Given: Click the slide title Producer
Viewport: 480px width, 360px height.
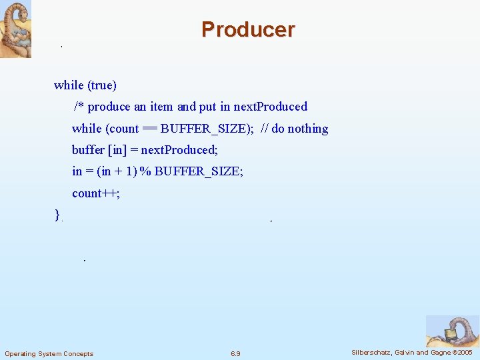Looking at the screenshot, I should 247,29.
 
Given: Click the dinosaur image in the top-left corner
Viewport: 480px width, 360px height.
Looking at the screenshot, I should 15,29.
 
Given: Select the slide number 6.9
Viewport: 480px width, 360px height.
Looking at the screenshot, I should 235,353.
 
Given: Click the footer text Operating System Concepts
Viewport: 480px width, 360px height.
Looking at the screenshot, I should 49,353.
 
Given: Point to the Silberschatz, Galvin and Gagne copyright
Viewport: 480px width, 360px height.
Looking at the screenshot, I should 412,352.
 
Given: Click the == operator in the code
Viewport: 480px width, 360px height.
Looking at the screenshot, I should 150,129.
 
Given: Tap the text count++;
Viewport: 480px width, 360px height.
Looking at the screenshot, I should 95,193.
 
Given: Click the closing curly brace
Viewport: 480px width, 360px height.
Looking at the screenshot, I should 57,215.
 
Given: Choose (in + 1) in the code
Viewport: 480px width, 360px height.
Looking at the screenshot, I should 117,171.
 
